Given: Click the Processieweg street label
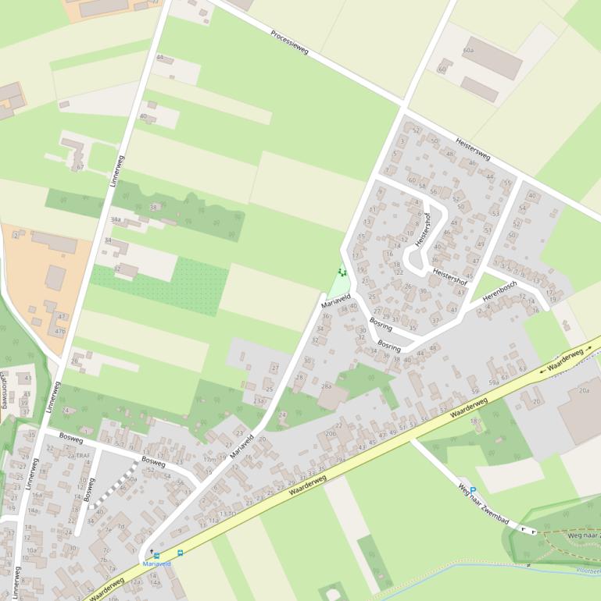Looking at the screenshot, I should coord(290,43).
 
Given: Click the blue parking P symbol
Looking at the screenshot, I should coord(472,491).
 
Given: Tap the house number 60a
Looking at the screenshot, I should coord(468,50).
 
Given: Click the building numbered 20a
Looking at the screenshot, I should coord(584,390).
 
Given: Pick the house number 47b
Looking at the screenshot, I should coord(60,331).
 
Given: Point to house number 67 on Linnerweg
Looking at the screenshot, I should coord(80,167).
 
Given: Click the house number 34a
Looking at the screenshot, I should coord(116,220).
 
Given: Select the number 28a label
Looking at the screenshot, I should coord(326,386).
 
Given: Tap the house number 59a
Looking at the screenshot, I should coord(494,382).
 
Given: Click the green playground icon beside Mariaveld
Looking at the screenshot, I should coord(341,272).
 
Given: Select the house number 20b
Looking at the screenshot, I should coord(331,433).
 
